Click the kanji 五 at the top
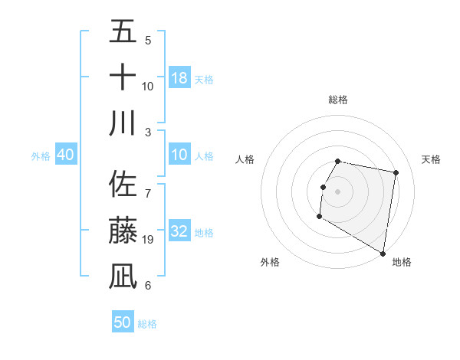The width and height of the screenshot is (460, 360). tap(123, 31)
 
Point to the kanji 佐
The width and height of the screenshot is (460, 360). tap(123, 185)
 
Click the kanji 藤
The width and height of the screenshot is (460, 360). tap(123, 231)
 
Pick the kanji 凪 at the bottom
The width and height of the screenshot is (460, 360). tap(123, 276)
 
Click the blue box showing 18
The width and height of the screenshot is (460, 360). tap(179, 77)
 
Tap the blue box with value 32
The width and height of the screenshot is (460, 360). tap(179, 231)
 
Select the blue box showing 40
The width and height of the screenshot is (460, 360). tap(66, 155)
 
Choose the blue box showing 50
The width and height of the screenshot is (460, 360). tap(123, 322)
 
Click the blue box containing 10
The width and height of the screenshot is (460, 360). tap(179, 155)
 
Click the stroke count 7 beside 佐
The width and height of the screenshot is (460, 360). tap(147, 187)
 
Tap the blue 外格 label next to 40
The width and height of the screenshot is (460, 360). tap(41, 155)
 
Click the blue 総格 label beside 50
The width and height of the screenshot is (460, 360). tap(147, 323)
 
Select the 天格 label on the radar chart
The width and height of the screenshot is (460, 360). tap(431, 159)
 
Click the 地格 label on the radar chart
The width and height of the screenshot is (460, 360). tap(402, 263)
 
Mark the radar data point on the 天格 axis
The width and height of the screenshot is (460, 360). tap(396, 173)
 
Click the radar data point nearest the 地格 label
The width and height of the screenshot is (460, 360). tap(383, 253)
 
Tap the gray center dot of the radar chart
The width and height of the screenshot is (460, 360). tap(337, 191)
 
